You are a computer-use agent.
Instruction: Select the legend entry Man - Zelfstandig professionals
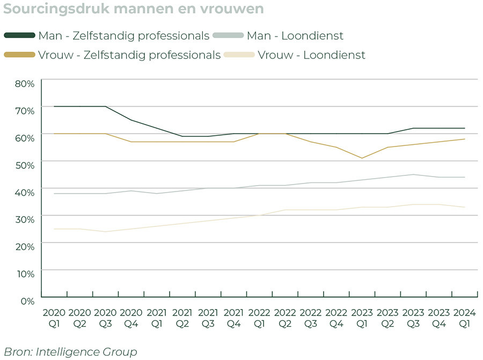[x=123, y=36]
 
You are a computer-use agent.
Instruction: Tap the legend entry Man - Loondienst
[x=295, y=36]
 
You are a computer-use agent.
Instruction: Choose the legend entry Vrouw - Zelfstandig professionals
[x=129, y=55]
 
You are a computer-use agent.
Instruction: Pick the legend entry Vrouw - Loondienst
[x=311, y=55]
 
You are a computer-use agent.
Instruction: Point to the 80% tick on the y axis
[x=25, y=84]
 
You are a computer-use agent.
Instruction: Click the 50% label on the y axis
[x=25, y=165]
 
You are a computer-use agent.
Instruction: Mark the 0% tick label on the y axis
[x=27, y=300]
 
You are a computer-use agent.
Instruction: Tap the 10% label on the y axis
[x=25, y=273]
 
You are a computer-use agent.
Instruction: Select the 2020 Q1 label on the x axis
[x=54, y=318]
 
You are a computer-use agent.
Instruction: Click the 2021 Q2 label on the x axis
[x=182, y=318]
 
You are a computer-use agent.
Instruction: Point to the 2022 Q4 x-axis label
[x=336, y=318]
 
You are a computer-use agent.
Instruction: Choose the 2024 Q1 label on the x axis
[x=464, y=318]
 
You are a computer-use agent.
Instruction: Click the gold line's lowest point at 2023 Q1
[x=362, y=158]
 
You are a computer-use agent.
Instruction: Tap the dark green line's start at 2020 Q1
[x=54, y=106]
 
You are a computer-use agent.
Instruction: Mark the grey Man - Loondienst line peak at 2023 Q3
[x=413, y=174]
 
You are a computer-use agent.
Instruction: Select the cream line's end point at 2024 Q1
[x=464, y=207]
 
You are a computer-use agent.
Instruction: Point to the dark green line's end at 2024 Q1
[x=464, y=128]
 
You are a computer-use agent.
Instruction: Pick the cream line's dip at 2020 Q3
[x=105, y=232]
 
